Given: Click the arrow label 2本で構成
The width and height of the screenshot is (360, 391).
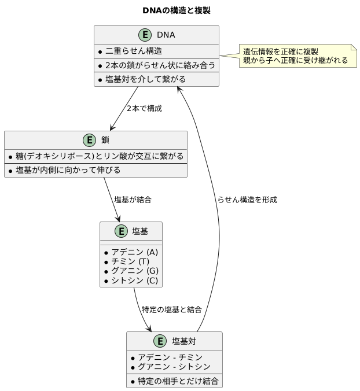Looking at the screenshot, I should click(x=144, y=108).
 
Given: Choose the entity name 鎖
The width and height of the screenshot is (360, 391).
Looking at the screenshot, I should click(x=105, y=140).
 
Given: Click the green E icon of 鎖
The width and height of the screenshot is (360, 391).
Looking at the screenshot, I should click(x=90, y=140).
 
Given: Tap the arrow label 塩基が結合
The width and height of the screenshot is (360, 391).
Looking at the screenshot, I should click(x=133, y=200).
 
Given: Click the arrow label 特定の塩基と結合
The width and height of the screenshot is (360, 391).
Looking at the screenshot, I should click(x=172, y=309).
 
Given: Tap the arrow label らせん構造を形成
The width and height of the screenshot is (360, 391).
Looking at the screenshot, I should click(x=247, y=200).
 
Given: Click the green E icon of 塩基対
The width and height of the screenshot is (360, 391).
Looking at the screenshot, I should click(x=160, y=341).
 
